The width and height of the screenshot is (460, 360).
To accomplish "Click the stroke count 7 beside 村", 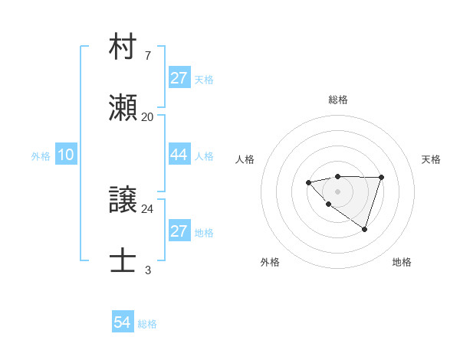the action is click(x=147, y=56).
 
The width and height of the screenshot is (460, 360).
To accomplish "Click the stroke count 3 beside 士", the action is click(x=147, y=270).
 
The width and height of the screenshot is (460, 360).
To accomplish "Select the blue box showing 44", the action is click(x=179, y=155).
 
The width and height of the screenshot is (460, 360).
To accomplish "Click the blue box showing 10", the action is click(x=66, y=155).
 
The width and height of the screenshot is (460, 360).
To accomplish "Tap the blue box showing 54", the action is click(x=123, y=322).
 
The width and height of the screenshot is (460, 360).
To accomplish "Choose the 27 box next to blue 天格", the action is click(x=179, y=78).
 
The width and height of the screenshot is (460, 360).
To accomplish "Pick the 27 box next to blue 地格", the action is click(x=179, y=231).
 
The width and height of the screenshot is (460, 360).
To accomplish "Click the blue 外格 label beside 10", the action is click(x=41, y=156).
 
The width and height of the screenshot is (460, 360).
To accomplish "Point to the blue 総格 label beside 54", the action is click(x=147, y=324).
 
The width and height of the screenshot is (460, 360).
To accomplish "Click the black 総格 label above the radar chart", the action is click(x=337, y=100).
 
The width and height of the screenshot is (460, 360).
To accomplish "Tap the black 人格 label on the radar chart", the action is click(x=245, y=159).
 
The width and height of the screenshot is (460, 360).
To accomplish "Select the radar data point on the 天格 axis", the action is click(x=382, y=177).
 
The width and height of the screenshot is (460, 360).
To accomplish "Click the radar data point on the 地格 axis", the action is click(x=365, y=229).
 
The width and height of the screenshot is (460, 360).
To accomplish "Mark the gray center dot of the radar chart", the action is click(x=337, y=191).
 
